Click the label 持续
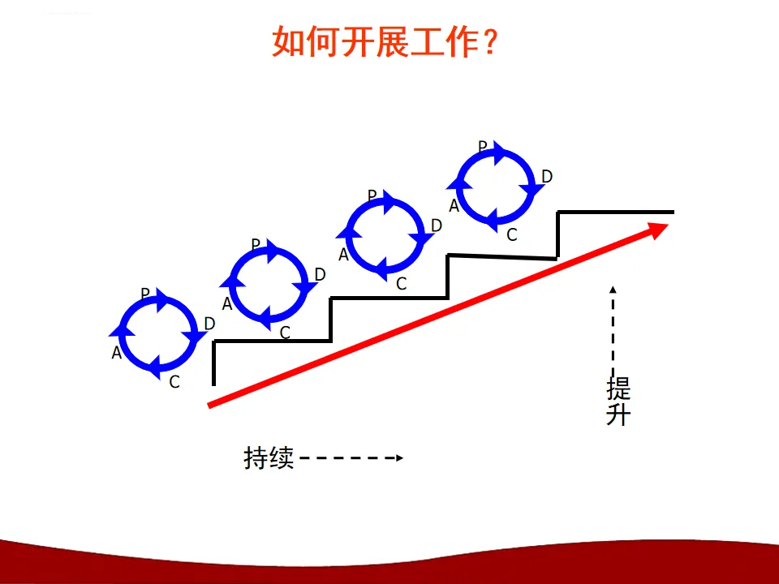pos(268,458)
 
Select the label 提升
pos(618,401)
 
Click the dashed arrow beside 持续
pos(351,458)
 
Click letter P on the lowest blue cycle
pos(145,294)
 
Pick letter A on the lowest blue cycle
pos(117,353)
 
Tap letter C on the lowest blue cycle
pos(174,382)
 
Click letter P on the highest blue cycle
pos(483,147)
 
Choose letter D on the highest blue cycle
pos(547,177)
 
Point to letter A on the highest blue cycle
pos(454,206)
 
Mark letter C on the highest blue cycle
pos(511,235)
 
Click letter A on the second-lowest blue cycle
pos(227,305)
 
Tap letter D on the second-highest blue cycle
pos(437,225)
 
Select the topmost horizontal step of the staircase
pos(615,212)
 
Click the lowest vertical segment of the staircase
pos(214,363)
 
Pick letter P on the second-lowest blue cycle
pos(256,244)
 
